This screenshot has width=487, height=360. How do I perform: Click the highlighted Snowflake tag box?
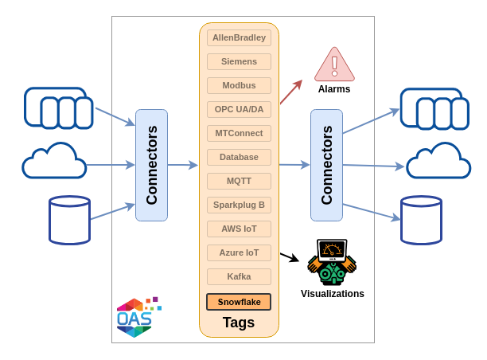(x=239, y=302)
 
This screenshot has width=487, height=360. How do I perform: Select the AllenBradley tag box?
(x=239, y=37)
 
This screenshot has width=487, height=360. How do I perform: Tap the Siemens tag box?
(x=239, y=61)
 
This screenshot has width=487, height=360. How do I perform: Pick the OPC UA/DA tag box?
(x=239, y=109)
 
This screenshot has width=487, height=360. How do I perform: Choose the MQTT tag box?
(x=239, y=181)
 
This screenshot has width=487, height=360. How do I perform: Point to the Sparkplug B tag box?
(x=239, y=205)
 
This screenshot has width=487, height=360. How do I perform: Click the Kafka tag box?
(x=239, y=276)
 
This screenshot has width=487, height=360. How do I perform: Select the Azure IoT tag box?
(x=239, y=252)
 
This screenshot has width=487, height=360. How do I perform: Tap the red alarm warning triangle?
(x=334, y=65)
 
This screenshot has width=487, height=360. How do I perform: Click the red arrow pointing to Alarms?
(x=291, y=92)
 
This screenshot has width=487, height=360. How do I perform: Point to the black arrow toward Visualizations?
(x=290, y=257)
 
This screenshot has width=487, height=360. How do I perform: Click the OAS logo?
(x=138, y=317)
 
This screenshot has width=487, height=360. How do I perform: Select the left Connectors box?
(x=151, y=165)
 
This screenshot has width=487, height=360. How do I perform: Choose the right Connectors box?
(x=327, y=165)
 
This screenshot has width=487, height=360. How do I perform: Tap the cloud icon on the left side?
(x=54, y=161)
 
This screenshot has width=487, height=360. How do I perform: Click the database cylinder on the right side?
(x=421, y=220)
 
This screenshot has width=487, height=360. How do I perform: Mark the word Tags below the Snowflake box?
(x=239, y=323)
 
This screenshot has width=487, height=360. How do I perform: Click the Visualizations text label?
(x=333, y=294)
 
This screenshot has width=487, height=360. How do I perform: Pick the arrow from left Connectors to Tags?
(x=183, y=165)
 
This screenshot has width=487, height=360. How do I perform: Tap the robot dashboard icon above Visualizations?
(x=332, y=262)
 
